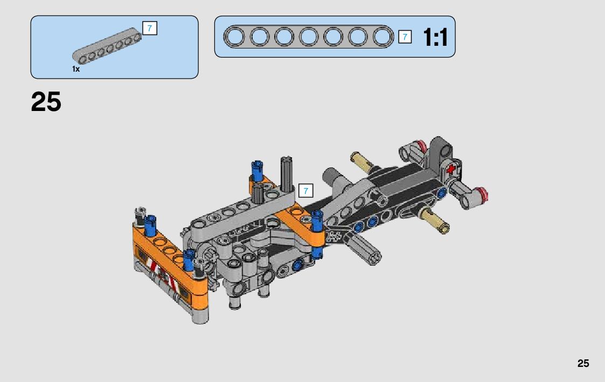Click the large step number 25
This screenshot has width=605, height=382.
(46, 102)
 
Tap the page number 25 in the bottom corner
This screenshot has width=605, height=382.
(583, 363)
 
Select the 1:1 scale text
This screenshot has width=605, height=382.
(435, 37)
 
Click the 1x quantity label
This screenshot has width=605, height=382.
(75, 69)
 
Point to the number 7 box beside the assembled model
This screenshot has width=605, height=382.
(305, 191)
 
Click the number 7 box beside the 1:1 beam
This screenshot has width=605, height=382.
(405, 37)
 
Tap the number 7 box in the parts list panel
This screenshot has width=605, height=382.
(150, 28)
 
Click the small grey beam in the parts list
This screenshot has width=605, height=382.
(107, 46)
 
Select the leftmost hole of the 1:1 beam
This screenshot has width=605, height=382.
(234, 37)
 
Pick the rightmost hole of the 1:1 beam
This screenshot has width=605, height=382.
(383, 37)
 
